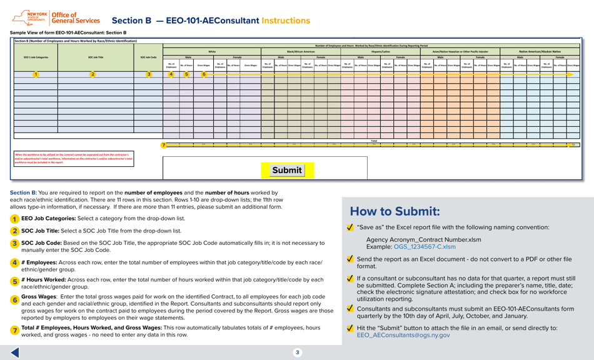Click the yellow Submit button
coord(287,170)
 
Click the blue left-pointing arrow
coord(15,352)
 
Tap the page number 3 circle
coord(297,352)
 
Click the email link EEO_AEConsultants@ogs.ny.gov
coord(403,335)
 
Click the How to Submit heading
coord(395,212)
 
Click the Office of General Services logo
coord(56,18)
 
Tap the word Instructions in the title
coord(286,21)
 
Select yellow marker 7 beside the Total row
coord(163,145)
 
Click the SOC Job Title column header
coord(96,57)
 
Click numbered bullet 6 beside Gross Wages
coord(15,300)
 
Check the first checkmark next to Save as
coord(350,228)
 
